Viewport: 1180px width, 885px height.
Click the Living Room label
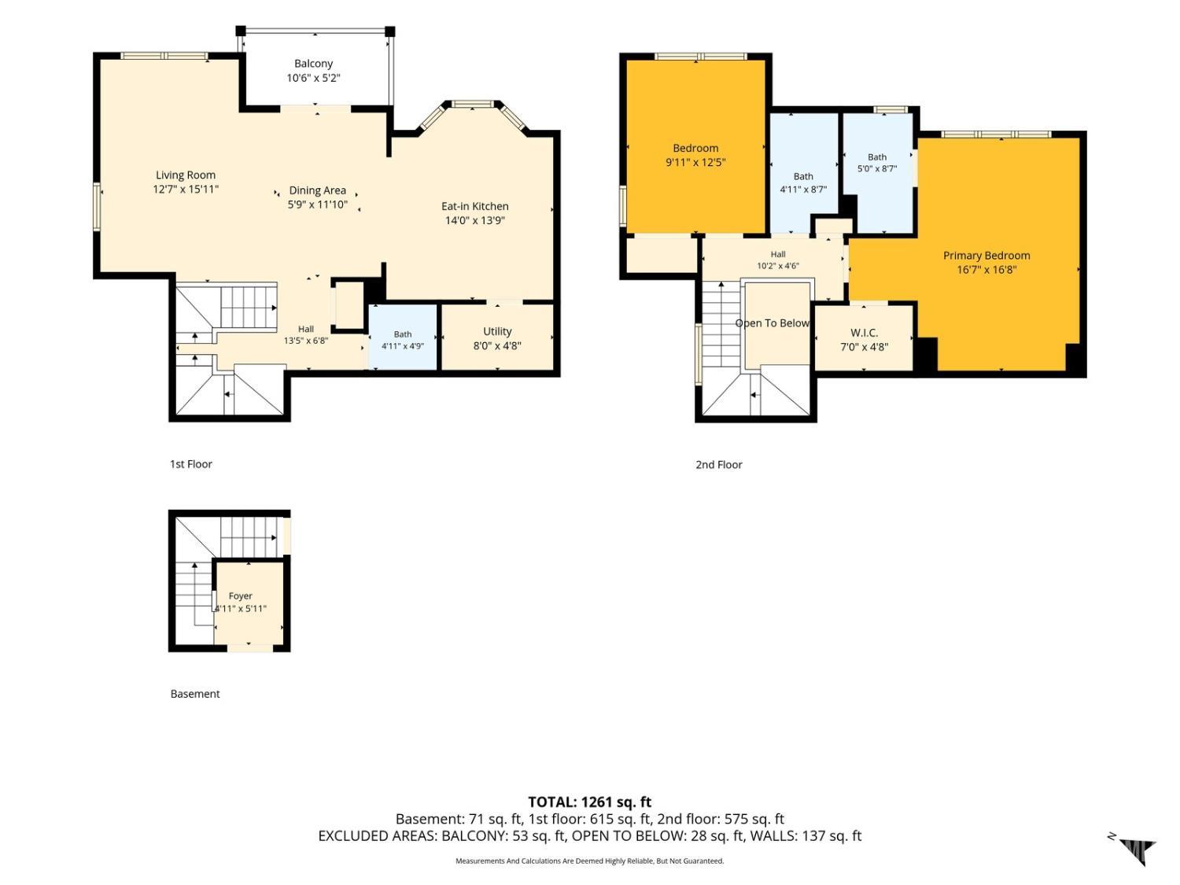pyautogui.click(x=186, y=175)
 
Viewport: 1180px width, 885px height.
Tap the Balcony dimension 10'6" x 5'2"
pyautogui.click(x=313, y=78)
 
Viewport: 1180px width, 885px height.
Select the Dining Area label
pyautogui.click(x=317, y=190)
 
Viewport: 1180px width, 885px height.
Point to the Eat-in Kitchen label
pyautogui.click(x=474, y=206)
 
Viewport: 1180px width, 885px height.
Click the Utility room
pyautogui.click(x=497, y=337)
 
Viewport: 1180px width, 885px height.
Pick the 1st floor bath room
pyautogui.click(x=403, y=337)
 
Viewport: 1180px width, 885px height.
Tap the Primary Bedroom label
pyautogui.click(x=986, y=255)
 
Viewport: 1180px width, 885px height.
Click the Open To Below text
pyautogui.click(x=772, y=323)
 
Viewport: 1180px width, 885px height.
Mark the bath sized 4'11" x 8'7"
pyautogui.click(x=804, y=174)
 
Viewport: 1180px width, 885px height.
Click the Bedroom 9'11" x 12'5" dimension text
pyautogui.click(x=695, y=162)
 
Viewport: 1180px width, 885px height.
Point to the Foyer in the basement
pyautogui.click(x=249, y=602)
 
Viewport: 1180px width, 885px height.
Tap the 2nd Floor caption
pyautogui.click(x=719, y=465)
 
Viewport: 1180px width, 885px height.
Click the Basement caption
pyautogui.click(x=195, y=694)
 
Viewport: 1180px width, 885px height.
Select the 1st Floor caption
pyautogui.click(x=191, y=463)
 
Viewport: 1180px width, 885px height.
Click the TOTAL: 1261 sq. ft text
pyautogui.click(x=590, y=802)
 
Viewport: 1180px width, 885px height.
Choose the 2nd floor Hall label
pyautogui.click(x=778, y=254)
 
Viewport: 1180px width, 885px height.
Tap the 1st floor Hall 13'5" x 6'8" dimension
pyautogui.click(x=306, y=340)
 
